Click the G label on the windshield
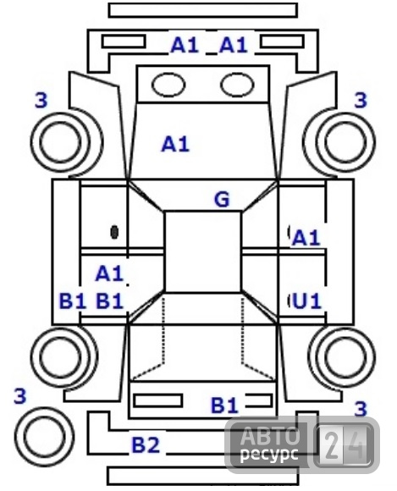(x=222, y=199)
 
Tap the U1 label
(x=306, y=301)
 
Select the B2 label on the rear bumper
(x=146, y=444)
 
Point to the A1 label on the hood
(x=175, y=145)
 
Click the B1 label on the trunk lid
(x=225, y=405)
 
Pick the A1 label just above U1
(x=306, y=238)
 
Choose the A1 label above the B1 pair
(x=109, y=273)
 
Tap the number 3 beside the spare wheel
(x=19, y=396)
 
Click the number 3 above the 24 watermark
(x=361, y=409)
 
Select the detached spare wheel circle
(x=44, y=436)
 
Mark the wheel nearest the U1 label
(x=343, y=357)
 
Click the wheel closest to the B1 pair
(x=63, y=357)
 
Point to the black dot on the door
(x=114, y=232)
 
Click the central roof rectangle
(x=203, y=252)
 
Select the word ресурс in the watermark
(x=269, y=453)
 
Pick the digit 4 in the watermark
(x=356, y=445)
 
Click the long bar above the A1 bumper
(x=203, y=10)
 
